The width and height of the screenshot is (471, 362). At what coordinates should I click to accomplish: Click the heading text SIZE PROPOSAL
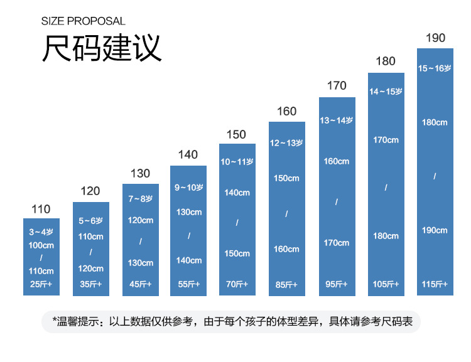(x=84, y=21)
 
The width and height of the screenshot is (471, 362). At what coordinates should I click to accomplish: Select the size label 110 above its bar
(x=41, y=210)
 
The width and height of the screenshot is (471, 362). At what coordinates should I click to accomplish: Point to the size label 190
(x=435, y=38)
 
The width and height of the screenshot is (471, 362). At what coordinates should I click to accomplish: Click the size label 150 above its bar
(x=236, y=135)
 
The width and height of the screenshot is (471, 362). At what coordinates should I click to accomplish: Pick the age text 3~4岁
(x=41, y=232)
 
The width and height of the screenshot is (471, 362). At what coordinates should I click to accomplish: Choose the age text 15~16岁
(x=435, y=68)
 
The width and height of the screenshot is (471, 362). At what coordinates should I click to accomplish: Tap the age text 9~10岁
(x=188, y=187)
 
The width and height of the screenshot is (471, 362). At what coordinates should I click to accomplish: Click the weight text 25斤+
(x=41, y=284)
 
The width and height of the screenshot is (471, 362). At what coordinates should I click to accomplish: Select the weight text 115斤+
(x=435, y=284)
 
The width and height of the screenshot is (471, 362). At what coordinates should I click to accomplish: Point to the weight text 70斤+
(x=237, y=284)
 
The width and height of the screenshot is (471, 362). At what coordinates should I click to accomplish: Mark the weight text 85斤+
(x=286, y=285)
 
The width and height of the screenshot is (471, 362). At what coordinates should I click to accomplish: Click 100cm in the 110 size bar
(x=41, y=245)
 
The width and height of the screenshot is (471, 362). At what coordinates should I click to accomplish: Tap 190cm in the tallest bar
(x=435, y=230)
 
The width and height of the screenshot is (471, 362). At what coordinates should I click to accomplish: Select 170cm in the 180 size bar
(x=386, y=139)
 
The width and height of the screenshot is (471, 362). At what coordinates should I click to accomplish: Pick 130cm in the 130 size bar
(x=140, y=263)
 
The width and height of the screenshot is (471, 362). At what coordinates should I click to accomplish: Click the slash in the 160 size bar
(x=286, y=214)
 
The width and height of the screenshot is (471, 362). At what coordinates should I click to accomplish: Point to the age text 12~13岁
(x=286, y=143)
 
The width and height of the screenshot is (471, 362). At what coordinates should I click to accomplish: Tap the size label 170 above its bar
(x=337, y=86)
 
